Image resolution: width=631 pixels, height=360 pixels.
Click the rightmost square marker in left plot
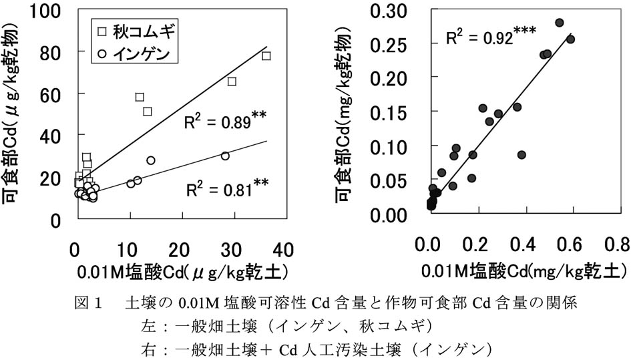tap(266, 56)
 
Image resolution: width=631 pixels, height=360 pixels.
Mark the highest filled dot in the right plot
tap(560, 23)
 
